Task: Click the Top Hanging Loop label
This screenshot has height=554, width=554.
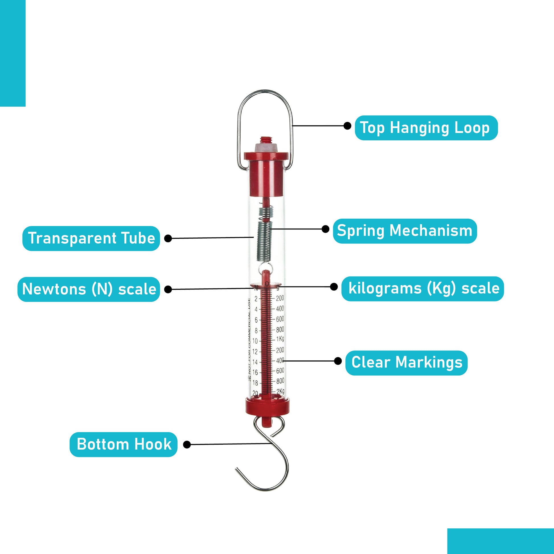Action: point(426,128)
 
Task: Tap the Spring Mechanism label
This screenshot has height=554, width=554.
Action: point(405,231)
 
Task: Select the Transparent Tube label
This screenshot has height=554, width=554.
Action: point(91,238)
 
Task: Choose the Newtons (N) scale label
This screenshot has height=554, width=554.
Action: point(89,289)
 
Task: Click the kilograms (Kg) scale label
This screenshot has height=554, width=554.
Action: point(423,288)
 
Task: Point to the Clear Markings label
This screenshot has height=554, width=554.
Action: point(407,363)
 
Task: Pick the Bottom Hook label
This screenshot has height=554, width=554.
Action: point(124,444)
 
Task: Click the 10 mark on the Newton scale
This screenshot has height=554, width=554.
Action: point(255,341)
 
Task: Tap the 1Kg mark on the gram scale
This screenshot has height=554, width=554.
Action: point(280,339)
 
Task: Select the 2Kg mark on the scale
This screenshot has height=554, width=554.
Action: point(280,391)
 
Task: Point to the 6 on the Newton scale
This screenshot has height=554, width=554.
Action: point(256,320)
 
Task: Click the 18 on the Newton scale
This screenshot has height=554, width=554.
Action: point(255,383)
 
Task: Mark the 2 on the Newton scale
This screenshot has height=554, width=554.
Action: point(256,299)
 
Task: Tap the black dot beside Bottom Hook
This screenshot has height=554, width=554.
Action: point(187,444)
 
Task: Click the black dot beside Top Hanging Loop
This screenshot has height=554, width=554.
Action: point(347,126)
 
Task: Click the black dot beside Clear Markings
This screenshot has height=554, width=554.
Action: point(338,361)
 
